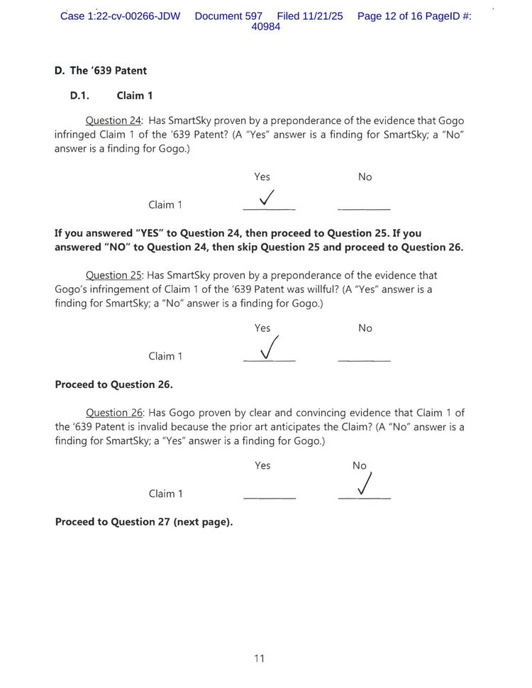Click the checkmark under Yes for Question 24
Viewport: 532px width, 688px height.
point(268,198)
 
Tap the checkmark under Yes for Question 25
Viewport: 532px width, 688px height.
point(268,348)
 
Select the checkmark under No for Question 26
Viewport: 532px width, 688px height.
point(363,484)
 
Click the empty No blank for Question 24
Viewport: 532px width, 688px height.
point(364,207)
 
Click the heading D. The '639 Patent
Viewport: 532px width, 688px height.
point(101,70)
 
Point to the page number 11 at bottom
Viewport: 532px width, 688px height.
point(260,658)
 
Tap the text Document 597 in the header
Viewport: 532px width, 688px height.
point(228,16)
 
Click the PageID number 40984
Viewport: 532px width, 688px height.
point(266,27)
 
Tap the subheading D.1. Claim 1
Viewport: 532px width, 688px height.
point(111,95)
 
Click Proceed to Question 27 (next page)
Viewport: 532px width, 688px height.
point(144,521)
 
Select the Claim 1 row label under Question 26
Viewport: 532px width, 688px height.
point(165,494)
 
